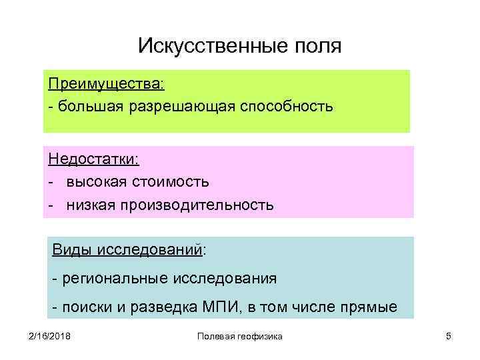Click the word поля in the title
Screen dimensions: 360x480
pos(317,46)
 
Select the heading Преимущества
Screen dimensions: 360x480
pos(105,85)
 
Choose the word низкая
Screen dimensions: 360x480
pos(91,203)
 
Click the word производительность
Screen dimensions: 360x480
pos(197,203)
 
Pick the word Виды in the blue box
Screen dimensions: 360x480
pos(73,251)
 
